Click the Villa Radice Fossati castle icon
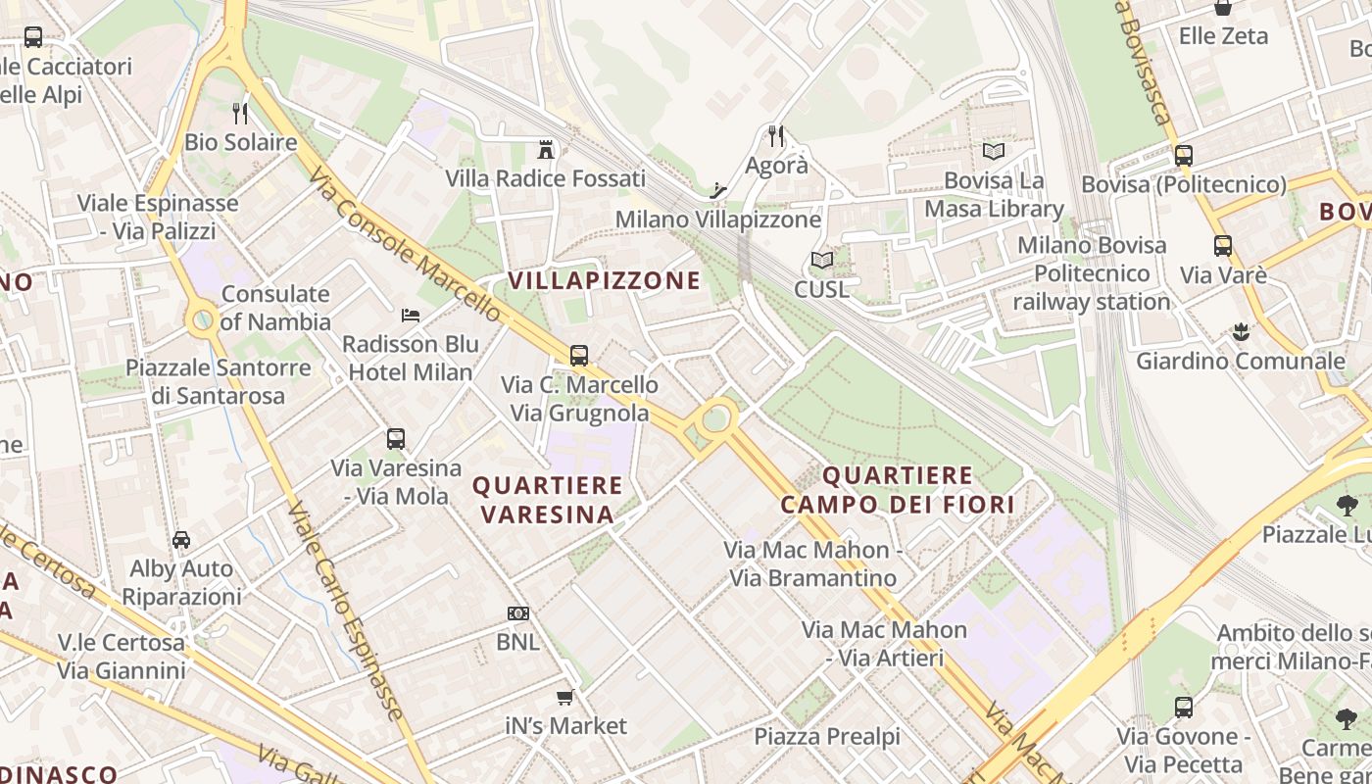[x=546, y=150]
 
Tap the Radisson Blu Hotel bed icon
[x=411, y=316]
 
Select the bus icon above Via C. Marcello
[x=579, y=356]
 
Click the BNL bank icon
[x=518, y=613]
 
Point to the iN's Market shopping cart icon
[x=564, y=698]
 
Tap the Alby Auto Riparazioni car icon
[x=181, y=540]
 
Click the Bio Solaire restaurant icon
[x=240, y=114]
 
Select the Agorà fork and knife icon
[x=776, y=135]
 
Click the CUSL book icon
[x=821, y=261]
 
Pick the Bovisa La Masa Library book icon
[x=994, y=152]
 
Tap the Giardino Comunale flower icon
[x=1241, y=332]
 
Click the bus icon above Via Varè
[x=1222, y=246]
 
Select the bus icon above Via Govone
[x=1184, y=708]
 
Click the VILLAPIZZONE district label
[x=605, y=281]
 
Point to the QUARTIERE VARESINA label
[x=548, y=500]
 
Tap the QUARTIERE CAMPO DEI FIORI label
[x=898, y=490]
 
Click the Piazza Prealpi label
[x=826, y=737]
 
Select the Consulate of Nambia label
[x=275, y=308]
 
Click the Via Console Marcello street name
[x=406, y=246]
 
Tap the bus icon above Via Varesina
[x=396, y=439]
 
